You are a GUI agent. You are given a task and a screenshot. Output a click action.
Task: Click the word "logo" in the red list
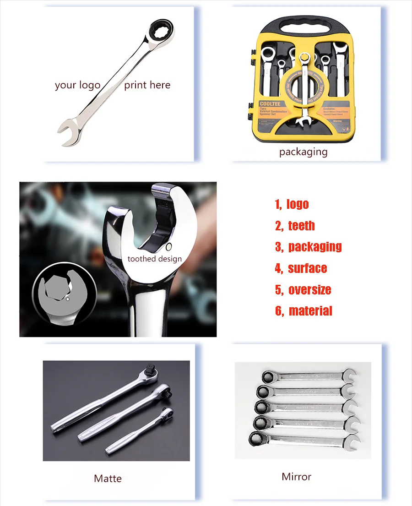click(x=298, y=204)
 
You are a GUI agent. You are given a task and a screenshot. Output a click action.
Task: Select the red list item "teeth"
click(x=301, y=225)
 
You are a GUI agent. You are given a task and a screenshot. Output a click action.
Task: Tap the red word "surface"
click(x=307, y=268)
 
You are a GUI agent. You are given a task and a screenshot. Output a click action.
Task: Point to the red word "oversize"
click(x=309, y=289)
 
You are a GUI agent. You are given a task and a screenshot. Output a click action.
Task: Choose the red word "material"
click(x=310, y=311)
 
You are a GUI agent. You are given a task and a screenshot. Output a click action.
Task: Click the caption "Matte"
click(x=108, y=479)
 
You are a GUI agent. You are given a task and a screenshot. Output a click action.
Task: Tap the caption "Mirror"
click(x=296, y=477)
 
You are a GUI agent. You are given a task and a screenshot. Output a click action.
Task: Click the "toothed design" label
click(x=154, y=259)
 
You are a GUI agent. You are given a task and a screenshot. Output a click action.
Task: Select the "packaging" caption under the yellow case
click(x=303, y=152)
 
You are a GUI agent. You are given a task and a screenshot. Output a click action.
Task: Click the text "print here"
click(x=147, y=85)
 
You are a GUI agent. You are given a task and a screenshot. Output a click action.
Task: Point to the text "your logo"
click(x=77, y=85)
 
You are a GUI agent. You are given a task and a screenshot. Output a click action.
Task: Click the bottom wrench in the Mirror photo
click(x=304, y=440)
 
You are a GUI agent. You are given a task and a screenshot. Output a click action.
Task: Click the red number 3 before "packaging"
click(x=278, y=247)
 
